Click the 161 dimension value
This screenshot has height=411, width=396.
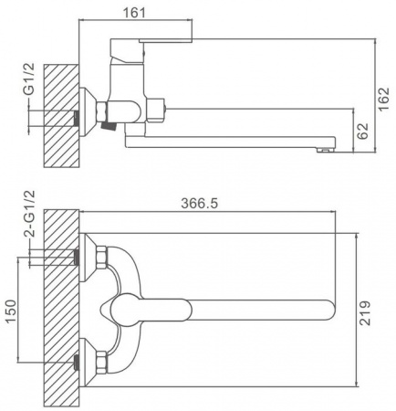pos(134,13)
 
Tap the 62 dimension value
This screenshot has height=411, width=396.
pos(363,131)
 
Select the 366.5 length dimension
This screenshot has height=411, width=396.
pos(200,204)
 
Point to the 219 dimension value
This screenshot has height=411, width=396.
pos(365,313)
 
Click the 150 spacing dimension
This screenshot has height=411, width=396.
pos(11,311)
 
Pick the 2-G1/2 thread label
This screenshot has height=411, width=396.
pos(30,214)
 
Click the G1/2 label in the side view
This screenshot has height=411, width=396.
pos(30,79)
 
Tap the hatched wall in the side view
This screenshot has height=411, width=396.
pos(61,116)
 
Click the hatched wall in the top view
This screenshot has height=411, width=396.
pos(61,308)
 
